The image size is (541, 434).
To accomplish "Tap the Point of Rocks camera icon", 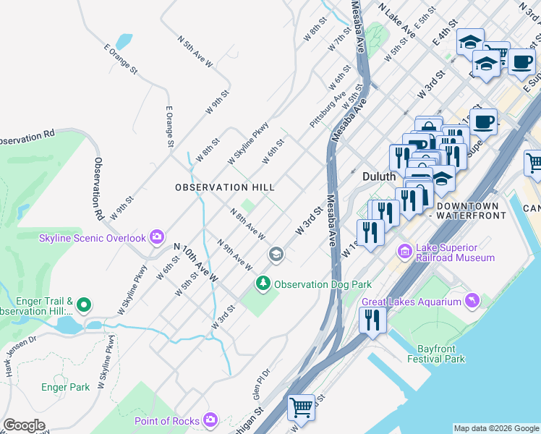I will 210,420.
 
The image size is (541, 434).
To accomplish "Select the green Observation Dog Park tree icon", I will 265,284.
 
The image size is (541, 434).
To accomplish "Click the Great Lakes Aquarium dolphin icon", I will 472,300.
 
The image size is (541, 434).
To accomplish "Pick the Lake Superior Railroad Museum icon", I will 404,251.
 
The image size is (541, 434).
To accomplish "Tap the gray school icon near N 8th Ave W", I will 275,254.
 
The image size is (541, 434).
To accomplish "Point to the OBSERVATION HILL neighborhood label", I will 225,187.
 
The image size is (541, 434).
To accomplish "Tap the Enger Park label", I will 66,387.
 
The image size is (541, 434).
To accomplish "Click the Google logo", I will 25,425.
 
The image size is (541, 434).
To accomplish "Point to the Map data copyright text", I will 495,428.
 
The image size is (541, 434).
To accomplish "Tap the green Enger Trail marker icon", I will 84,306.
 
